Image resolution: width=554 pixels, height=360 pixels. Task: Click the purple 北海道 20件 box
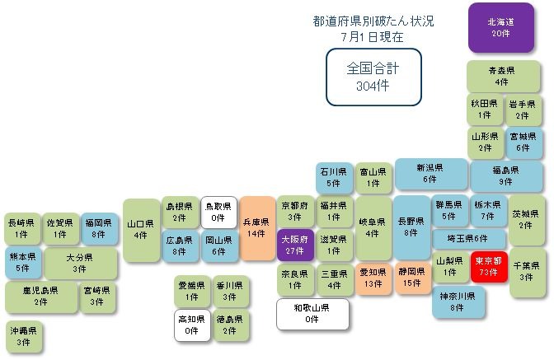tap(500, 27)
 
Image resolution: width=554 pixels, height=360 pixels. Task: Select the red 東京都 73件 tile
tap(489, 266)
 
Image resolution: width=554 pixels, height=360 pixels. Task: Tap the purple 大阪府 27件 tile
tap(295, 245)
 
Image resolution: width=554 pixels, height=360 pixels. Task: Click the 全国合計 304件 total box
tap(373, 77)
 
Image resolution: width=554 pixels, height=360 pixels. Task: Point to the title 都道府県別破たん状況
tap(373, 21)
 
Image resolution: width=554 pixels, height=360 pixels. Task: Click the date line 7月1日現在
tap(373, 37)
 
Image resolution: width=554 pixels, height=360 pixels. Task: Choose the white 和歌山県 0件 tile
tap(312, 314)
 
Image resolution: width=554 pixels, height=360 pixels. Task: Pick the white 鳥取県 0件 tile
tap(218, 212)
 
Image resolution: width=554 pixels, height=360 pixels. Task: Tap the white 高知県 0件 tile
tap(192, 325)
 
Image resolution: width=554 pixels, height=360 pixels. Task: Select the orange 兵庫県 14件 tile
tap(257, 228)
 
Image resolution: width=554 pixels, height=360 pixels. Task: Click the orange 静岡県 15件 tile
tap(412, 278)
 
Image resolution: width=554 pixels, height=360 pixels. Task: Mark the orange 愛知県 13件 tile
tap(373, 278)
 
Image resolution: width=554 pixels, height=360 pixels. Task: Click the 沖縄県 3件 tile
tap(23, 336)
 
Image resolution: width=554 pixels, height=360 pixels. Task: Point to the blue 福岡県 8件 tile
tap(99, 228)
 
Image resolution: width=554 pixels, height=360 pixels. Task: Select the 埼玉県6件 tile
tap(468, 239)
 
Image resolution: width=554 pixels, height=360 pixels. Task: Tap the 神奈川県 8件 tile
tap(458, 302)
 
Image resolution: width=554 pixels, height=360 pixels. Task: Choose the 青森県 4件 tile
tap(503, 77)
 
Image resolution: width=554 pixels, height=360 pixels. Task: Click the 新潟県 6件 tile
tap(430, 173)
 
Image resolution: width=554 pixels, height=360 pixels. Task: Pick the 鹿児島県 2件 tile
tap(41, 297)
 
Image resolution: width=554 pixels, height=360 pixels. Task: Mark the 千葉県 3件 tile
tap(527, 271)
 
